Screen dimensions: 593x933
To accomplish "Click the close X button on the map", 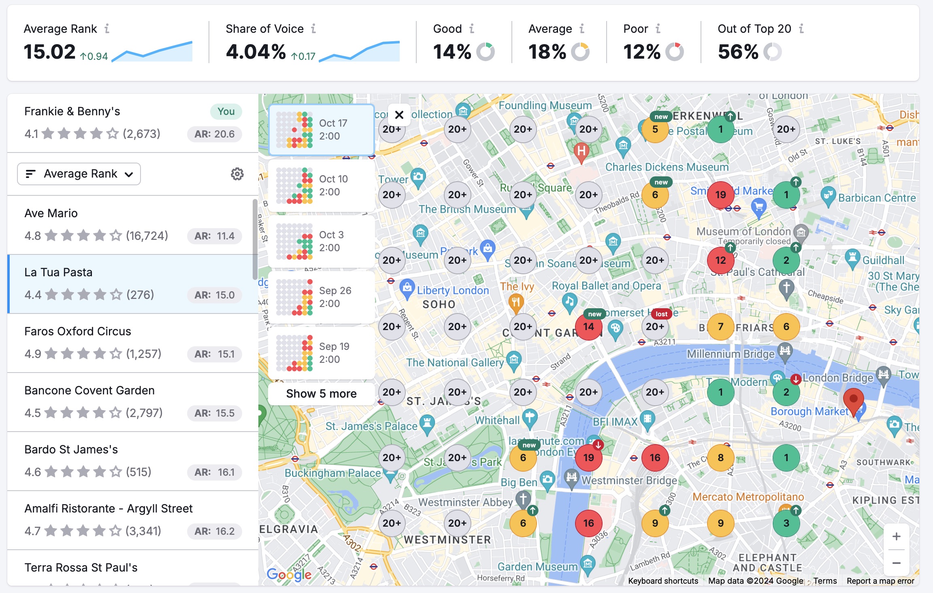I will click(399, 115).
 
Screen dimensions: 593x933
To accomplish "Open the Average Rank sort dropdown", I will click(79, 174).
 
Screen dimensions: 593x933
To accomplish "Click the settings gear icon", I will click(237, 174).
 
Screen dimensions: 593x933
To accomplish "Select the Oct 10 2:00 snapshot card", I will click(321, 186).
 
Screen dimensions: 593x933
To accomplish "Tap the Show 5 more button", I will click(321, 394).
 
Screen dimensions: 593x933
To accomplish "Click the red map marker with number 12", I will click(720, 260).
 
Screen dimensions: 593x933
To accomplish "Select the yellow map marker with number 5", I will click(655, 129).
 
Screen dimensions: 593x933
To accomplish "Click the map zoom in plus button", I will click(896, 536).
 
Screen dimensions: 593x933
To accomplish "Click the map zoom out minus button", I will click(896, 563).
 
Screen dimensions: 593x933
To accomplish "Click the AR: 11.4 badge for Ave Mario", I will click(214, 236).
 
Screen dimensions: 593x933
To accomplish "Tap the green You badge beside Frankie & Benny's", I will click(226, 112).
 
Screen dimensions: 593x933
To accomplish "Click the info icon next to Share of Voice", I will click(313, 29).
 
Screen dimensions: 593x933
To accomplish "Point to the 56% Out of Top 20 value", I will click(738, 52).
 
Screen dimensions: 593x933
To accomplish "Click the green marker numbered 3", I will click(786, 523).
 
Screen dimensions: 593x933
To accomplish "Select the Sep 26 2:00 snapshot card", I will click(321, 297).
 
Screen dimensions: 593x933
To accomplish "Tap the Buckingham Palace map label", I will click(332, 473).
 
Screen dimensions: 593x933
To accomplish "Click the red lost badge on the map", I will click(661, 314).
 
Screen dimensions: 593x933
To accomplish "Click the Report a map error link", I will click(880, 581).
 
